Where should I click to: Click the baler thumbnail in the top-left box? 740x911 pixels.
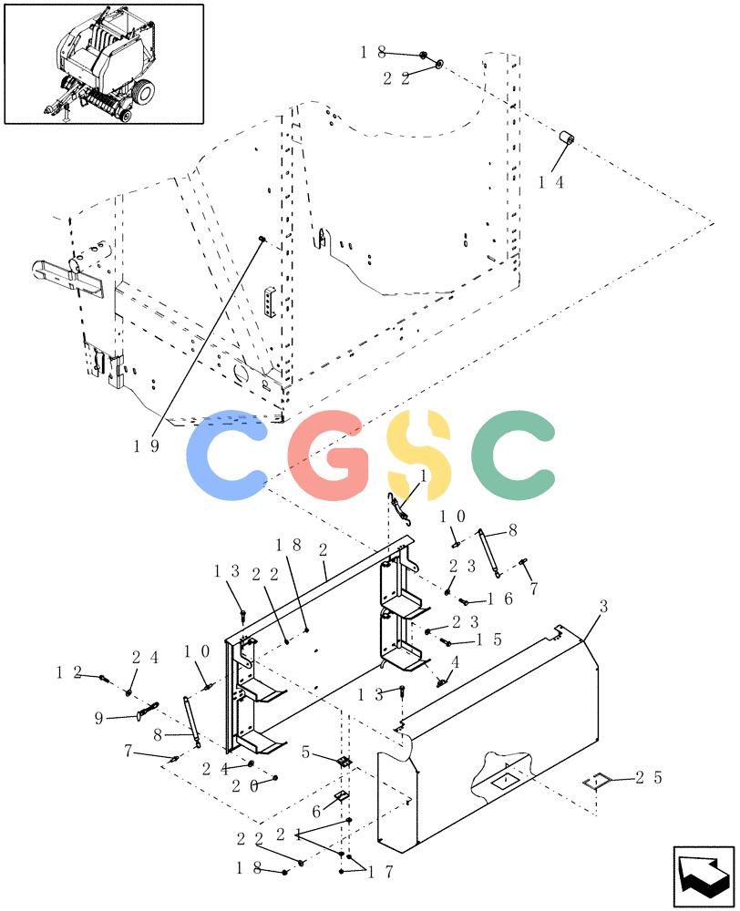coord(104,64)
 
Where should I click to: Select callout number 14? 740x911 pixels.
coord(551,182)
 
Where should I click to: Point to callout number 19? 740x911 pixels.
coord(147,446)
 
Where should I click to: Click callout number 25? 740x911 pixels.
coord(649,777)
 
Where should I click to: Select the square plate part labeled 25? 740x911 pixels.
coord(595,783)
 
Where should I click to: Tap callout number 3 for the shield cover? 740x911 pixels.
coord(603,607)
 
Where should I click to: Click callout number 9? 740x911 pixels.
coord(98,719)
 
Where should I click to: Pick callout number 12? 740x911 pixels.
coord(69,673)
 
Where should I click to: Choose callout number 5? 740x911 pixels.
coord(306,752)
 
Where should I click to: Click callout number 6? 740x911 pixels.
coord(316,811)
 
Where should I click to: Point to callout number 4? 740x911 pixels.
coord(455,661)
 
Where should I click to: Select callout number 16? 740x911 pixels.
coord(500,599)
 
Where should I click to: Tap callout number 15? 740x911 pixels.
coord(488,640)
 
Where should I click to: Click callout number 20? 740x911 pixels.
coord(245,786)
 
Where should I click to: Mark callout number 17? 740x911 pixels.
coord(381,873)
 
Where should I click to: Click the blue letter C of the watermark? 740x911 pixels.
coord(227,455)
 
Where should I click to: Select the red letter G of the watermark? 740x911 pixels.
coord(329,455)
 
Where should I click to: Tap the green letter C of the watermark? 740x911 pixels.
coord(513,455)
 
